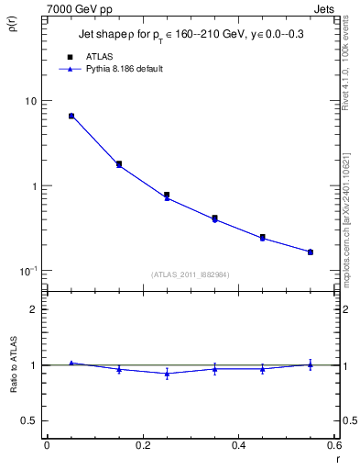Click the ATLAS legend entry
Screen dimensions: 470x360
[98, 57]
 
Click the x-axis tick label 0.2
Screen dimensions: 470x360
[143, 446]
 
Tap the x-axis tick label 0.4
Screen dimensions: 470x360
[238, 446]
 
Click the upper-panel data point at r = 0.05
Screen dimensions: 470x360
[71, 116]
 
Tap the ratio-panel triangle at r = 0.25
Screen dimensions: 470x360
[167, 374]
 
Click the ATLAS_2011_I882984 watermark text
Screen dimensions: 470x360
[191, 274]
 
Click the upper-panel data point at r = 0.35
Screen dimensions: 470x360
[214, 218]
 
